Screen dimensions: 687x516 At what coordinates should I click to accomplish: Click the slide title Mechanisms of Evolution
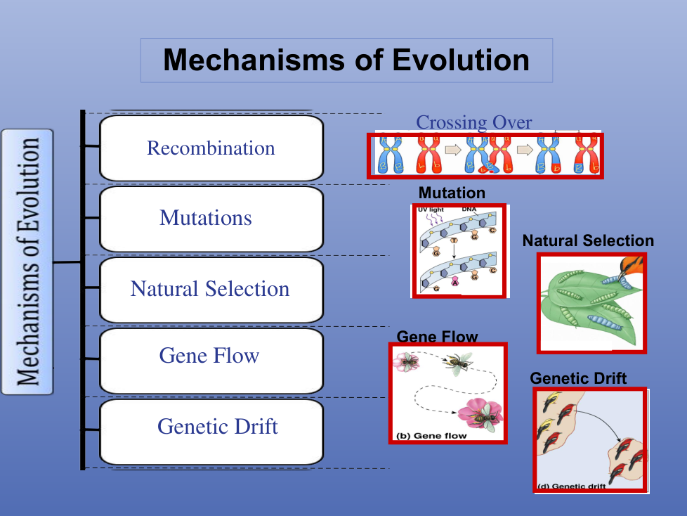[x=346, y=60]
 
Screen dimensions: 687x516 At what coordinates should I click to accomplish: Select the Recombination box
[x=211, y=148]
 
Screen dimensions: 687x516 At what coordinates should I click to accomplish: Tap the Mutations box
[x=211, y=219]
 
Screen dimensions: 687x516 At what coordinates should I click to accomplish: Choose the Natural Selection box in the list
[x=211, y=290]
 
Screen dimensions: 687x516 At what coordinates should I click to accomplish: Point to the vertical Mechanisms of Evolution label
[x=27, y=262]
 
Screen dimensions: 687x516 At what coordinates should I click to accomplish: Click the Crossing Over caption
[x=474, y=122]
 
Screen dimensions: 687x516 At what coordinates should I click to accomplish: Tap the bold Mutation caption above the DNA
[x=452, y=193]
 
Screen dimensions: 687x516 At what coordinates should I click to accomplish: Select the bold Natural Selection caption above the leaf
[x=588, y=240]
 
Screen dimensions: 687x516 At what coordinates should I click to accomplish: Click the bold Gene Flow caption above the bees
[x=437, y=337]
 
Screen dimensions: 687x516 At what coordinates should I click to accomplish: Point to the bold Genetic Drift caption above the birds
[x=578, y=378]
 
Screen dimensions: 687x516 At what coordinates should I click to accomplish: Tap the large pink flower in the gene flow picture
[x=480, y=413]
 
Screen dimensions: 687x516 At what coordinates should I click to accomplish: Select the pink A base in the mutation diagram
[x=455, y=281]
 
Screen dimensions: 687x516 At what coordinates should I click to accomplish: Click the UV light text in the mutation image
[x=431, y=209]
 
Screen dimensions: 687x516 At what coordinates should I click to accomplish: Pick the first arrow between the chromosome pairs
[x=453, y=150]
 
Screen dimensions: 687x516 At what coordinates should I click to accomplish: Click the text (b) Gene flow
[x=431, y=436]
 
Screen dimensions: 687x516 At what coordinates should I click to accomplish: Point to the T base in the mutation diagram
[x=454, y=240]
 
